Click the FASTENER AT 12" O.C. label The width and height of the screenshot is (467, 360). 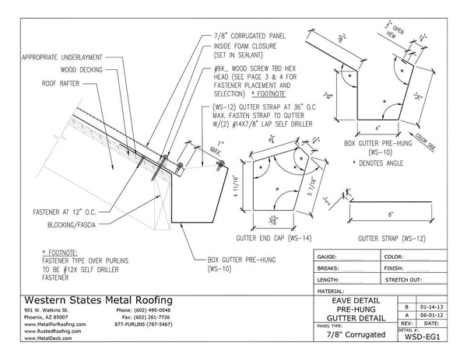[43, 210]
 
